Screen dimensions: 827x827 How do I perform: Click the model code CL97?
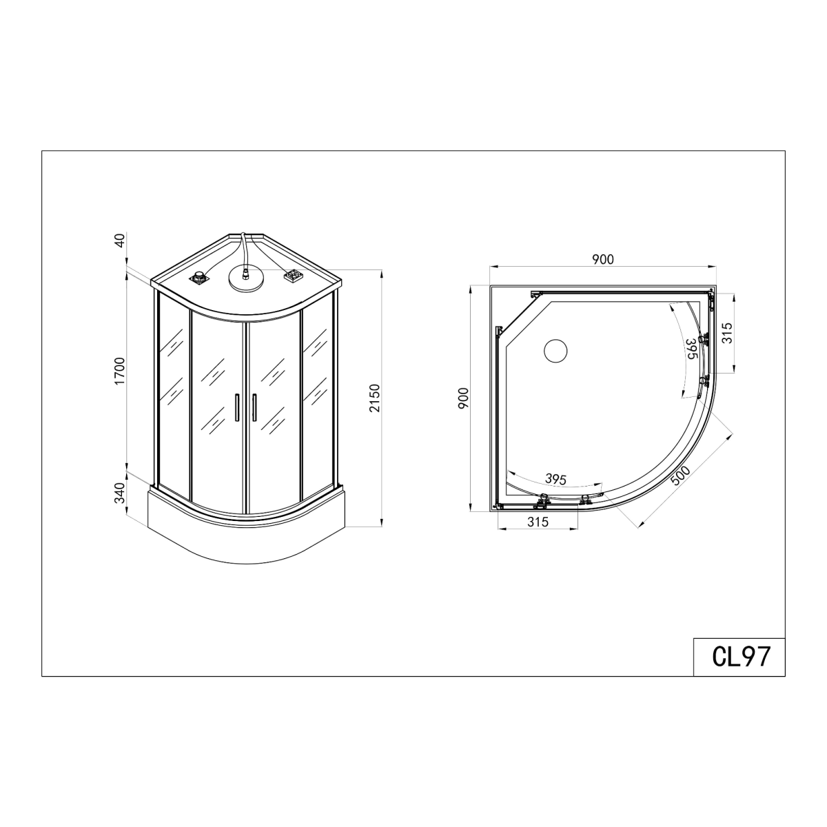[741, 656]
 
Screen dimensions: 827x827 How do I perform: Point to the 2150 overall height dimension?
[375, 398]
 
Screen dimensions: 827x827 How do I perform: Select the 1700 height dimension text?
[119, 371]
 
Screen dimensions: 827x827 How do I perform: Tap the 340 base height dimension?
[119, 493]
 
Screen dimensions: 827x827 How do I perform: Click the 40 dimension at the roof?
[119, 241]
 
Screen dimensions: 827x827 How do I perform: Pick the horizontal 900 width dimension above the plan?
[603, 259]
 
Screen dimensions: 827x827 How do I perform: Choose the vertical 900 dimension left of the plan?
[464, 398]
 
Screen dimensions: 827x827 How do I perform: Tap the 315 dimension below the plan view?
[538, 522]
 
